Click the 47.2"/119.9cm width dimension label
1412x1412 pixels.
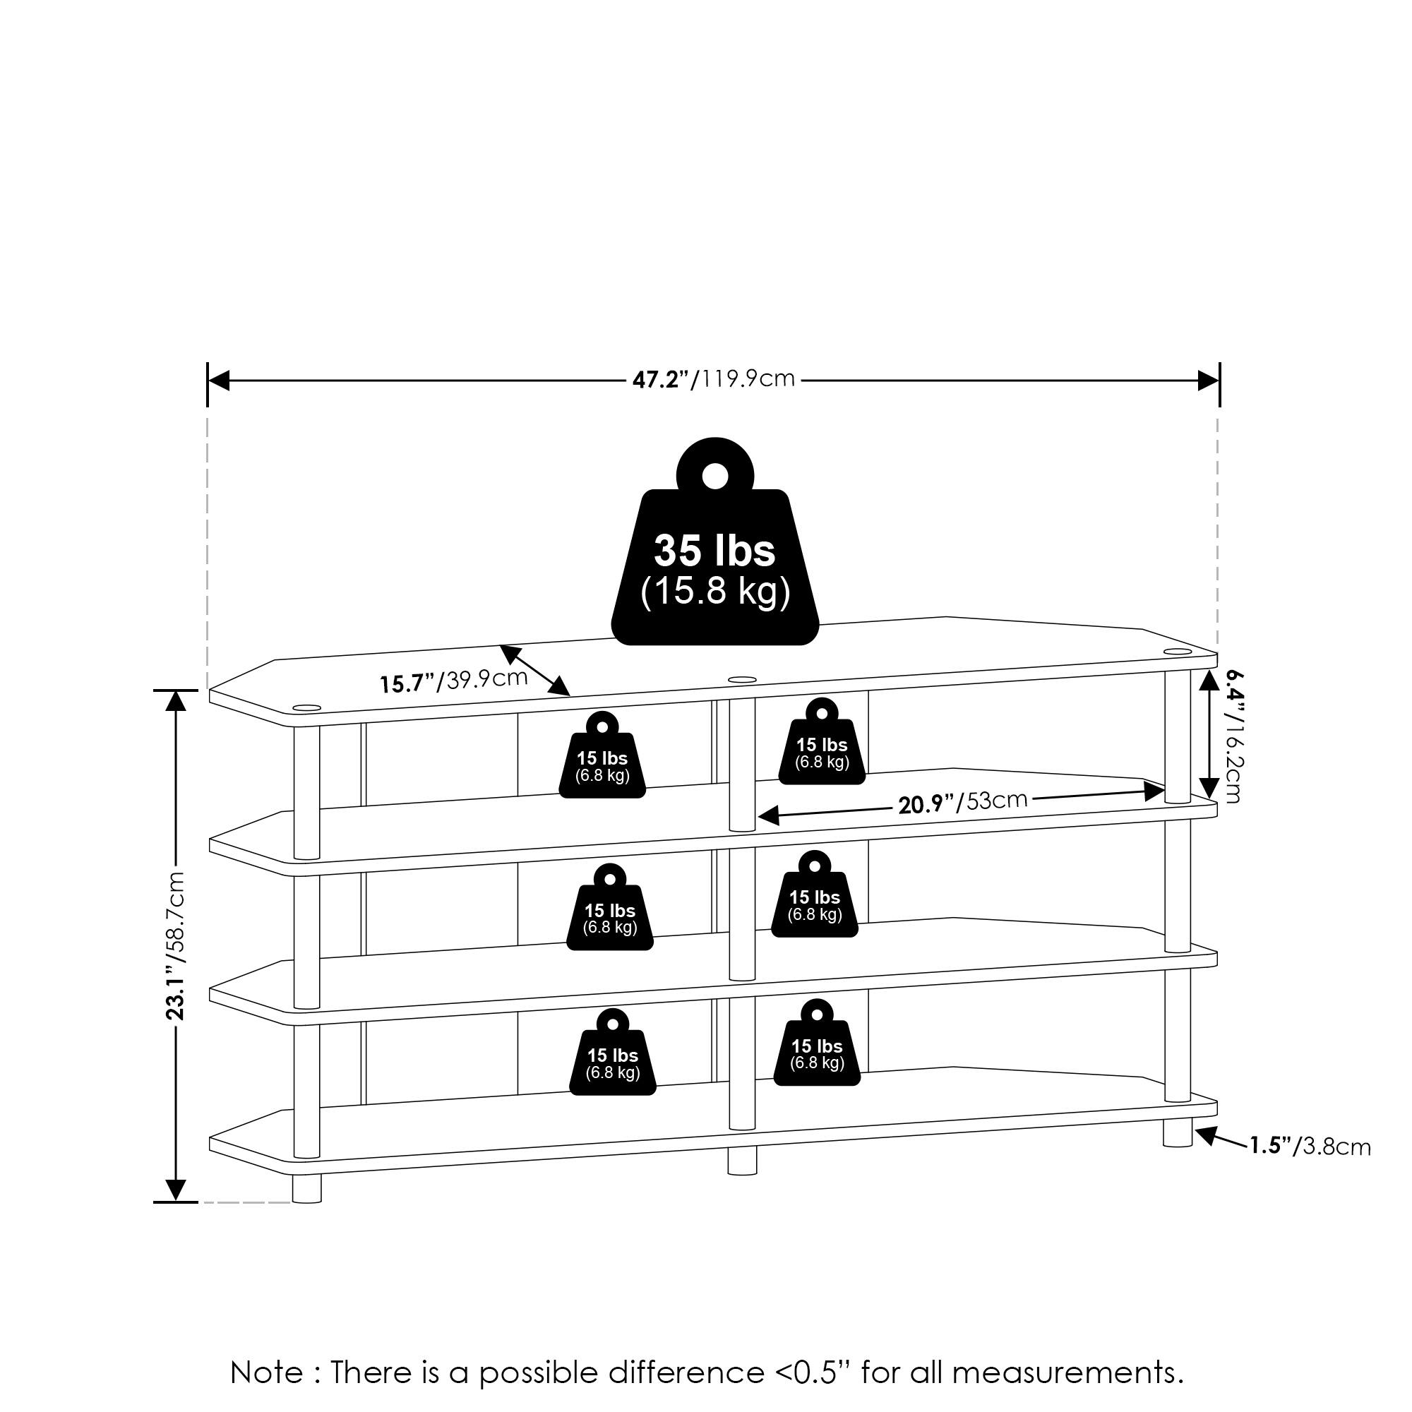tap(713, 380)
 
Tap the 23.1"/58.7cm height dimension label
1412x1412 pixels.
tap(175, 946)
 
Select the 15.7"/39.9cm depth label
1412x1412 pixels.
tap(453, 681)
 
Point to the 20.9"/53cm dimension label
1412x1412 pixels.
tap(962, 802)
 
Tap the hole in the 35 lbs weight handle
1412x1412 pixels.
tap(714, 477)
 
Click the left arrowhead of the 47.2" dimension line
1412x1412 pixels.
tap(220, 381)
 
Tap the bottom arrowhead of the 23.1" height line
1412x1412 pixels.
tap(175, 1190)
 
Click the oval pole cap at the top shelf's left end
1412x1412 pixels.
tap(307, 707)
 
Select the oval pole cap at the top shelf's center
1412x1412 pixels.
tap(742, 680)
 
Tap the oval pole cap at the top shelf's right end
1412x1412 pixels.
tap(1178, 651)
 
